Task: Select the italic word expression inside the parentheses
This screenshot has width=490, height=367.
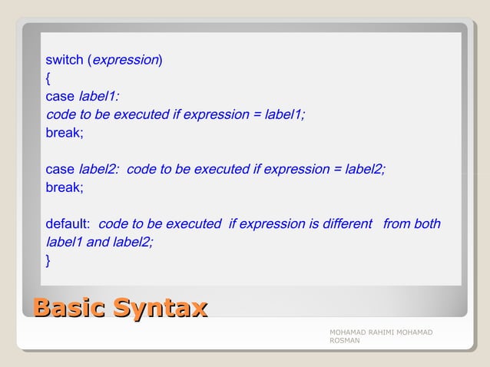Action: pos(126,60)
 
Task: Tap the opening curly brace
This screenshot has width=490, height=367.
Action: pos(48,78)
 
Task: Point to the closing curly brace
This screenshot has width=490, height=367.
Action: pos(48,261)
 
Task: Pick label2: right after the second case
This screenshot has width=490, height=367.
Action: pos(99,169)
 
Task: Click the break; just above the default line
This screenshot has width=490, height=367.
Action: pos(65,187)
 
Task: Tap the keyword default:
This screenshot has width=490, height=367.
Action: pos(68,224)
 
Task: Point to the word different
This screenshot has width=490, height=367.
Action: pos(347,224)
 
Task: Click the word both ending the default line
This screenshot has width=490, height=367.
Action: pos(427,224)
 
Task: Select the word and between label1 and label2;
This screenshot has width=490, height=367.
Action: pos(97,242)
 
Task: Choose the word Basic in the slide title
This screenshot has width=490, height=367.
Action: pos(69,309)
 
